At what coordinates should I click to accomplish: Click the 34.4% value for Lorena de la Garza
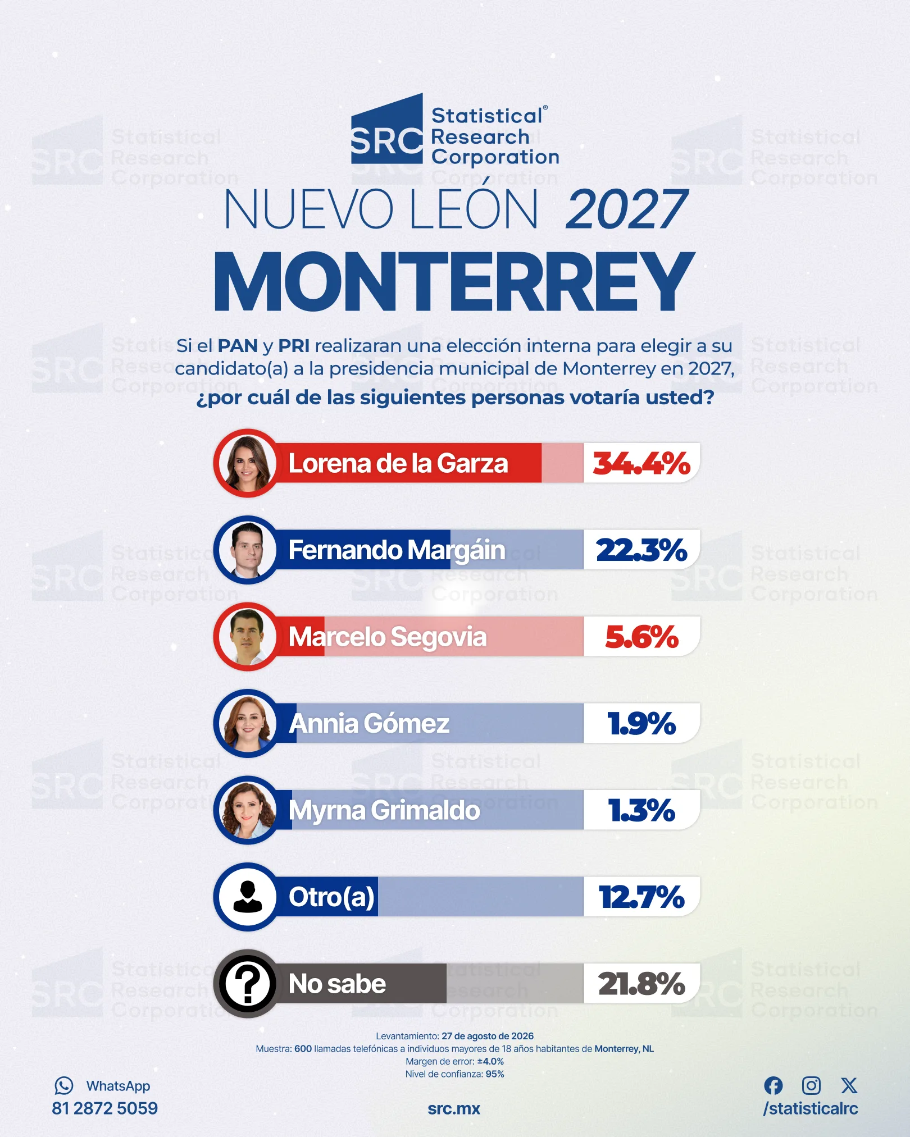tap(641, 464)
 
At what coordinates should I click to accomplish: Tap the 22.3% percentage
tap(641, 550)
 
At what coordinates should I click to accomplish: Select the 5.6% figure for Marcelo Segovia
tap(641, 637)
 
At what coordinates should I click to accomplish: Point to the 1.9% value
tap(641, 724)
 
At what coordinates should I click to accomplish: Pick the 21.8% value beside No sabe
tap(641, 984)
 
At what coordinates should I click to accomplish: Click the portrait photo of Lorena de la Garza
tap(247, 463)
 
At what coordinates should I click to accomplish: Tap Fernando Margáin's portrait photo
tap(247, 550)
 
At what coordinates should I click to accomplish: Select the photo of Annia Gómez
tap(247, 724)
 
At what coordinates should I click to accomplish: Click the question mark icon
tap(247, 984)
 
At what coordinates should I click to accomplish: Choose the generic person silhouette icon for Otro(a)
tap(247, 897)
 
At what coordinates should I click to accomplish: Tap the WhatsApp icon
tap(64, 1086)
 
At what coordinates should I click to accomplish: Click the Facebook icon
tap(774, 1086)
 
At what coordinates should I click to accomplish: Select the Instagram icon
tap(811, 1086)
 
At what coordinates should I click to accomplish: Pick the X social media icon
tap(849, 1086)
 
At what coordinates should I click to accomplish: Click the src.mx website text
tap(454, 1109)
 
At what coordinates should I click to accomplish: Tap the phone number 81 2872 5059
tap(105, 1108)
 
